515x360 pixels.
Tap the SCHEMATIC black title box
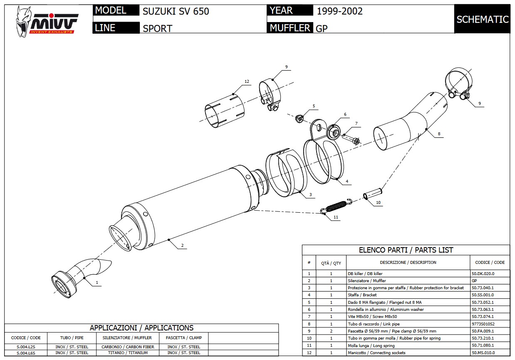coord(482,19)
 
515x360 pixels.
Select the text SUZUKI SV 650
coord(176,11)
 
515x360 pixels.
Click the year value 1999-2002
coord(339,11)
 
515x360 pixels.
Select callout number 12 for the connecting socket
coord(247,82)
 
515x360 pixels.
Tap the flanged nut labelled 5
coord(299,119)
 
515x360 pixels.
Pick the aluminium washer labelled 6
coord(333,132)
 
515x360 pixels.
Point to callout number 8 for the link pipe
coord(438,134)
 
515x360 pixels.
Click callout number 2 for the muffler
coord(182,246)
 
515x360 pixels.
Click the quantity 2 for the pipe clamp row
coord(331,331)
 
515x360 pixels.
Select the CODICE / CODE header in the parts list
coord(489,263)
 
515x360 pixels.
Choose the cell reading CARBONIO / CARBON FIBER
coord(128,347)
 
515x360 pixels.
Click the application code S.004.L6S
coord(26,353)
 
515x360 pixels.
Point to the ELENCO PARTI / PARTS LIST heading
coord(406,250)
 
